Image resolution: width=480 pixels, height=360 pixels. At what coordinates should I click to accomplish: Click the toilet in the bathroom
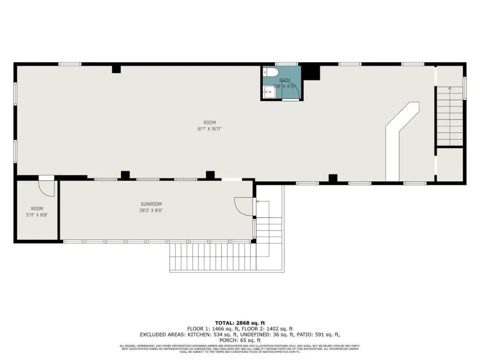point(271,72)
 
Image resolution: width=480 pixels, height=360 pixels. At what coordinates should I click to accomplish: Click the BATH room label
point(285,80)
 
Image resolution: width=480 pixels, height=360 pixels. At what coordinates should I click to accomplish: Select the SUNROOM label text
point(151,204)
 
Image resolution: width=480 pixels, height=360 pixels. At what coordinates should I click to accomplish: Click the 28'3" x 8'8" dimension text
point(151,210)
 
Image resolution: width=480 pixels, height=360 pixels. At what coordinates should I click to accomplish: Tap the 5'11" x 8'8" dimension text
point(37,215)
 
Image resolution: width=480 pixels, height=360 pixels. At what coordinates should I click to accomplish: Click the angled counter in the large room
point(398,136)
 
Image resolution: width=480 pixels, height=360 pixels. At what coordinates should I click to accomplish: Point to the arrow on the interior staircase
point(450,88)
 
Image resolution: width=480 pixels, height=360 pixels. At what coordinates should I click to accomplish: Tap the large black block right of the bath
point(310,72)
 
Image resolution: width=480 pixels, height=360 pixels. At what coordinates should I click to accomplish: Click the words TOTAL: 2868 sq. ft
point(240,322)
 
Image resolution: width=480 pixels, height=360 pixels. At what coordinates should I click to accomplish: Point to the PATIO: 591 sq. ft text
point(320,335)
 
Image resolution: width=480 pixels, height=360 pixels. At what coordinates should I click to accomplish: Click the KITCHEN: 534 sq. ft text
point(209,335)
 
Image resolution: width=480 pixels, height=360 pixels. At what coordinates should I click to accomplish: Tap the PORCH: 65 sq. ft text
point(240,340)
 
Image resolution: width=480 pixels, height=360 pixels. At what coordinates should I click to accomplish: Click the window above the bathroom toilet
point(286,64)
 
